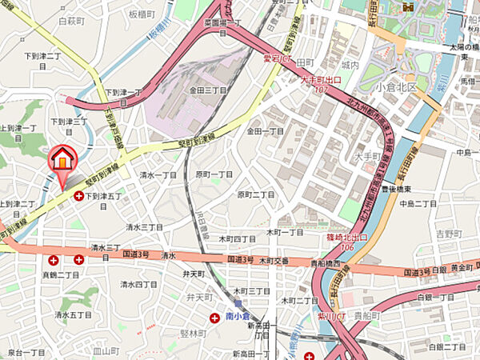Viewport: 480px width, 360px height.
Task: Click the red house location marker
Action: (62, 161)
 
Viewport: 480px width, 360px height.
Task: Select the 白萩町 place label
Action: (71, 21)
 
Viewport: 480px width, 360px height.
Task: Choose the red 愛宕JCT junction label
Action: (276, 58)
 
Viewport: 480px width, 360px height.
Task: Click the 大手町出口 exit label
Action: (320, 81)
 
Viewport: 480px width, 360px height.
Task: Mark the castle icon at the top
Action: (408, 6)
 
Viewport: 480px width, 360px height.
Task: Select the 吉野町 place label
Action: (450, 234)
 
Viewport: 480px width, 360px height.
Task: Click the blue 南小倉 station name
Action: (240, 318)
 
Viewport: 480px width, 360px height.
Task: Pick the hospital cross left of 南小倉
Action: (214, 318)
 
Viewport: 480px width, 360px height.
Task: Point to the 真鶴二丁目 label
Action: (60, 274)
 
